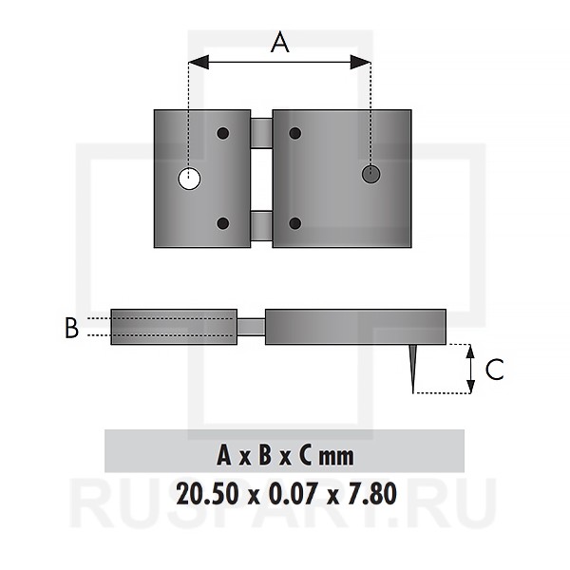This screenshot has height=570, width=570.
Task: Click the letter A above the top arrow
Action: pyautogui.click(x=280, y=42)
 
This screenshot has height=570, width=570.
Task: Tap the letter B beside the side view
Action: pyautogui.click(x=71, y=328)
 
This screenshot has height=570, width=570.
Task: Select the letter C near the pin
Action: pyautogui.click(x=495, y=370)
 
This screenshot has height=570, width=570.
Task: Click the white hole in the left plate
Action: pyautogui.click(x=189, y=179)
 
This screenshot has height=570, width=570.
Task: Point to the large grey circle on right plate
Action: pyautogui.click(x=371, y=174)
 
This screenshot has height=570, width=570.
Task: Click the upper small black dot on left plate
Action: pyautogui.click(x=223, y=133)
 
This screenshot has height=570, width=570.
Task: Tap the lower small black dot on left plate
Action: pyautogui.click(x=223, y=223)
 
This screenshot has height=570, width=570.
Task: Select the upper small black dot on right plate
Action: pyautogui.click(x=295, y=133)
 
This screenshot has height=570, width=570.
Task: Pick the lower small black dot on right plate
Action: pyautogui.click(x=295, y=223)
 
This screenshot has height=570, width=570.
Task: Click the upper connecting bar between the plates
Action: pyautogui.click(x=262, y=133)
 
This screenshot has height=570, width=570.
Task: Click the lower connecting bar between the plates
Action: pyautogui.click(x=262, y=226)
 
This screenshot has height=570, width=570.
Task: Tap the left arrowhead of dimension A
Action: pyautogui.click(x=199, y=62)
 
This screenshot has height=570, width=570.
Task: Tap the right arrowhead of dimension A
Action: pyautogui.click(x=360, y=62)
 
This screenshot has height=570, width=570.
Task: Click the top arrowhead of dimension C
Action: pyautogui.click(x=470, y=351)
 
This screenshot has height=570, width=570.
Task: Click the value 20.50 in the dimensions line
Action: pyautogui.click(x=208, y=494)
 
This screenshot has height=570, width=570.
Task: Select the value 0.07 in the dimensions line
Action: pyautogui.click(x=294, y=494)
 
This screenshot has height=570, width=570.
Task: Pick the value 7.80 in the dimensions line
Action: pyautogui.click(x=372, y=494)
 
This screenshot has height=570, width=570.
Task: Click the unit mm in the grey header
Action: pyautogui.click(x=336, y=457)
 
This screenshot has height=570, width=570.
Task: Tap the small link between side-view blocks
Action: pyautogui.click(x=251, y=327)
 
